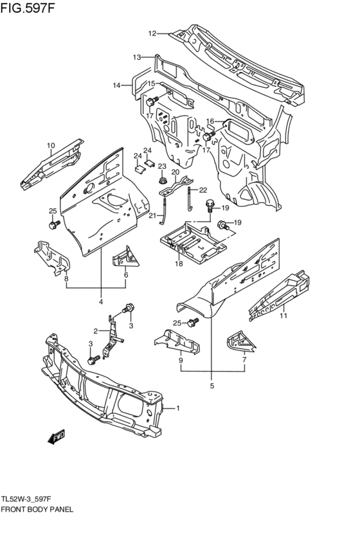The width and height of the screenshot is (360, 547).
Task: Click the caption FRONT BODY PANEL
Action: [x=37, y=508]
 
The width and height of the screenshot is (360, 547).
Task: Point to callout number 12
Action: [x=152, y=33]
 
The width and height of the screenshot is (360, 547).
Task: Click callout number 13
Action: [x=136, y=57]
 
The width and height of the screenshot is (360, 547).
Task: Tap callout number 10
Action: [x=50, y=146]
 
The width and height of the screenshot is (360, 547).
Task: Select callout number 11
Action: [x=282, y=315]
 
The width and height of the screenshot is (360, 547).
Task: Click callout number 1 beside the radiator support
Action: [x=178, y=408]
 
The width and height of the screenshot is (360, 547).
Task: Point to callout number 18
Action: [x=178, y=264]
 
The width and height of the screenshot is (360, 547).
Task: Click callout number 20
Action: [x=175, y=172]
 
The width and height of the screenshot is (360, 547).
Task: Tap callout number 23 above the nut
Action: [x=162, y=166]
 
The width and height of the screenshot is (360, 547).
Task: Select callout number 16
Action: [x=210, y=121]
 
